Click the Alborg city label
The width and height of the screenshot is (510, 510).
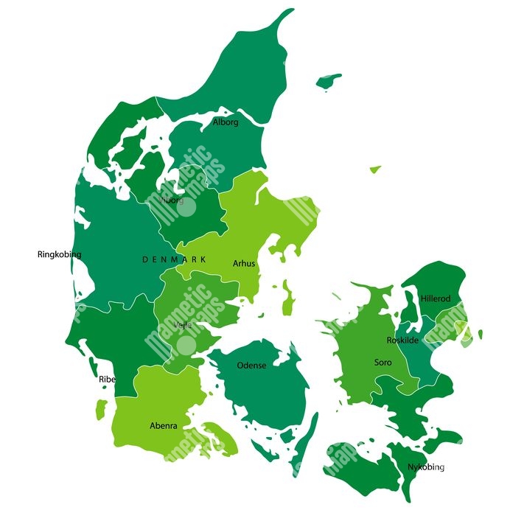226,122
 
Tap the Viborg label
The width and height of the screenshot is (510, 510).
172,200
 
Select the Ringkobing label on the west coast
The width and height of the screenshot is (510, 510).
59,255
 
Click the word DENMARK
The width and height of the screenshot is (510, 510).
174,260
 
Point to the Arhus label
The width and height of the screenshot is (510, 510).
244,263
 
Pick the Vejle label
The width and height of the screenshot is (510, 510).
183,325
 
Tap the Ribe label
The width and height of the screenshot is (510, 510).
108,380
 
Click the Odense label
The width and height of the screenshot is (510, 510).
251,366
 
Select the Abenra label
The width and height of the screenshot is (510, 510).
163,426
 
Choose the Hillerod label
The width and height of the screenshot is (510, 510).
435,298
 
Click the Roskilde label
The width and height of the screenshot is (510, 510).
402,340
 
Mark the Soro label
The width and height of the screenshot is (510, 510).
383,363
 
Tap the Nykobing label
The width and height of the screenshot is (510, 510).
426,467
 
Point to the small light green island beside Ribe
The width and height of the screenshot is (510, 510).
101,407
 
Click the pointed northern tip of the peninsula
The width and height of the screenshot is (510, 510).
288,11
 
